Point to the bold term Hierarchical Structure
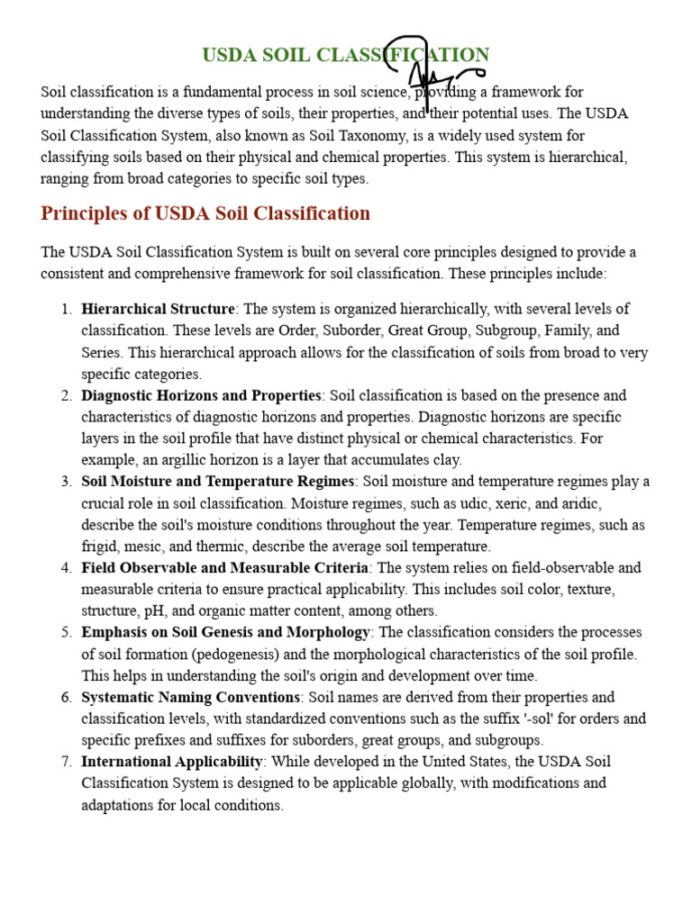[x=159, y=310]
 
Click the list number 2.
[x=67, y=396]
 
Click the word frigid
[x=102, y=547]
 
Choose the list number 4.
[x=67, y=568]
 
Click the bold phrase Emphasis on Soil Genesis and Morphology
[x=226, y=633]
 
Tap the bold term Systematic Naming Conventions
[x=191, y=698]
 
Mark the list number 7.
[x=67, y=763]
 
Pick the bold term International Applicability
[x=172, y=763]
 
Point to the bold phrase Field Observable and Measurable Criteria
[x=224, y=568]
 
